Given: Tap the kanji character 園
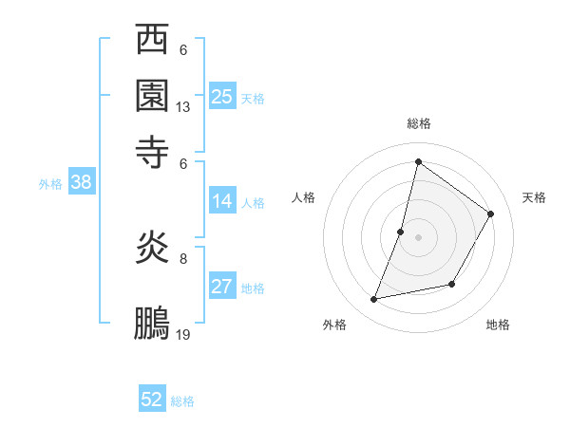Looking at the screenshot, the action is tap(153, 95).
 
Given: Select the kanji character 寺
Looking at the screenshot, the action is tap(153, 150).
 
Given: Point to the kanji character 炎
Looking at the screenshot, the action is tap(153, 250).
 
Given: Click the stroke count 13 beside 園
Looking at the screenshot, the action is tap(183, 107).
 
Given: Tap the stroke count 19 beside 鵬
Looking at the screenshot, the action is tap(183, 335).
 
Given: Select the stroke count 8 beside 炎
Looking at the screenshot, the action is tap(183, 257).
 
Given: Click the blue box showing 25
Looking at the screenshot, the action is tap(222, 96).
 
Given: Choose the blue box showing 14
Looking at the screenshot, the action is tap(222, 201).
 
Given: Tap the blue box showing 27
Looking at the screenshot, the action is tap(222, 287).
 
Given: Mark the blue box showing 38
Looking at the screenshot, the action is tap(81, 183).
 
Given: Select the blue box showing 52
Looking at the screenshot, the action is tap(152, 400).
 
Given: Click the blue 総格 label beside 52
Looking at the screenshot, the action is tap(182, 401).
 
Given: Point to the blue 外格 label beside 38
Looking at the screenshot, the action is tap(50, 184).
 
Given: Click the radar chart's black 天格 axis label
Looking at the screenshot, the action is tap(534, 197).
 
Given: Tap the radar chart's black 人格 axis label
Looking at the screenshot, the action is tap(304, 197).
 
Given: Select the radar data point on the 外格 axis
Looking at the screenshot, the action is tap(374, 300).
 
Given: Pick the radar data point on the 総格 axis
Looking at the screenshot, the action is tap(418, 161).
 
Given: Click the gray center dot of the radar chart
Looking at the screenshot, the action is tap(418, 236).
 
